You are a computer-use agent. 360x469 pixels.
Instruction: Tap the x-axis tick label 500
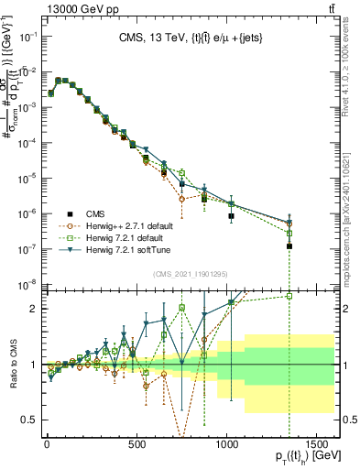tap(136, 444)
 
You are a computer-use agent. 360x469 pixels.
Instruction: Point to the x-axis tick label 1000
tap(226, 444)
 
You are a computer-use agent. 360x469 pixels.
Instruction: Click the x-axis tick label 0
tap(46, 444)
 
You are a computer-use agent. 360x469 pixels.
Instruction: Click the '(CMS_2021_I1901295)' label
tap(190, 275)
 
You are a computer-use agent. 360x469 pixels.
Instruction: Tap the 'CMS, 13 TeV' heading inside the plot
tap(191, 38)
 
